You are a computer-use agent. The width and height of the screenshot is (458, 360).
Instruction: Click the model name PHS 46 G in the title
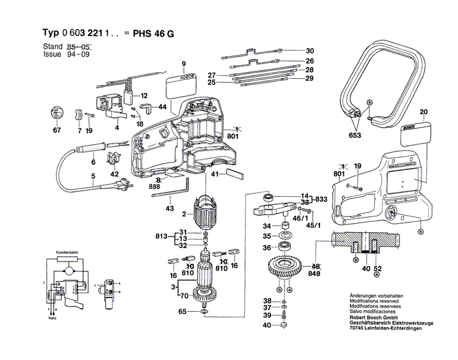153,34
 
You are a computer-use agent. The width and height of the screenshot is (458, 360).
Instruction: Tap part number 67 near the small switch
57,131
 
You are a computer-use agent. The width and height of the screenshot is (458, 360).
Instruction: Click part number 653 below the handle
355,135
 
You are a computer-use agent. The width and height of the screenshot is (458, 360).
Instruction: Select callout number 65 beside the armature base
182,312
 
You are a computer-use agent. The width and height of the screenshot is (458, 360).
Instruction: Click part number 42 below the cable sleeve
114,174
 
